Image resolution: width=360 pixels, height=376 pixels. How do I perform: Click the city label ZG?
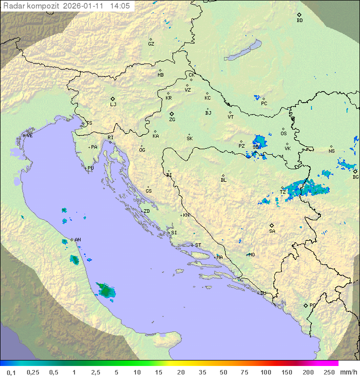[172, 120]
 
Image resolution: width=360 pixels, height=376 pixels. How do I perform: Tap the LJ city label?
[113, 105]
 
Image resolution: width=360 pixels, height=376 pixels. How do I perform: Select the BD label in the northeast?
[299, 21]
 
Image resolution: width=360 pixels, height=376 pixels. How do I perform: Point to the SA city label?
[272, 231]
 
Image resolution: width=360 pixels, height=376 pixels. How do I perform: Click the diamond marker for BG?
[355, 171]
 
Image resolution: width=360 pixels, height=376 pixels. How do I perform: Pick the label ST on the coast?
[198, 245]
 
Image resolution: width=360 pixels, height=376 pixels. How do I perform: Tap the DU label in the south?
[262, 293]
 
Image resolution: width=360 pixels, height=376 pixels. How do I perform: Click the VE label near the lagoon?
[29, 136]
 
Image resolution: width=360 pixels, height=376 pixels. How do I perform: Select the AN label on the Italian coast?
[77, 240]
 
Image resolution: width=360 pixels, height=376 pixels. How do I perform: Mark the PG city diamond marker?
[305, 305]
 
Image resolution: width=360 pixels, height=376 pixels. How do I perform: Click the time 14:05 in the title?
[120, 6]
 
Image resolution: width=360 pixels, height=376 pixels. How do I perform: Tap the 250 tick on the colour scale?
[328, 372]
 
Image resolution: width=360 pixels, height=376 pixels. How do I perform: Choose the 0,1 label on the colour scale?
[11, 372]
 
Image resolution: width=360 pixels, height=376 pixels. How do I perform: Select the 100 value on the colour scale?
[265, 372]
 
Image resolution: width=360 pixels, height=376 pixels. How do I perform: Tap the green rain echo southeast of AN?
[105, 289]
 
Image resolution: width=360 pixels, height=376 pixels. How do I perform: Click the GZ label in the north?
[151, 44]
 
